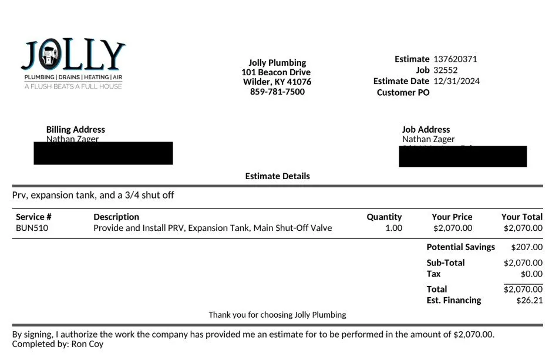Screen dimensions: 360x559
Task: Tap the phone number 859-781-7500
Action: click(x=277, y=92)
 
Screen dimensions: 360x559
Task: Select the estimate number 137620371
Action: click(x=455, y=59)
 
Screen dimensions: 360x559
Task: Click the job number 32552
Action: click(x=445, y=70)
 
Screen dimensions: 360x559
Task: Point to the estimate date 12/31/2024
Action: click(x=456, y=81)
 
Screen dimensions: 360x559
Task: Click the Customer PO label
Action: click(x=403, y=92)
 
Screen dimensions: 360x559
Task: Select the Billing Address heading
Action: click(x=76, y=129)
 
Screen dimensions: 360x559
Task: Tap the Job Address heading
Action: click(x=426, y=129)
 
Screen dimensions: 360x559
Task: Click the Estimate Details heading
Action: click(x=277, y=176)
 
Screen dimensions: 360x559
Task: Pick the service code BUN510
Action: click(x=32, y=228)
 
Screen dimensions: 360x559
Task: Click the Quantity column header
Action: click(x=384, y=217)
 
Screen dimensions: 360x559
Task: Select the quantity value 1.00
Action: click(x=393, y=228)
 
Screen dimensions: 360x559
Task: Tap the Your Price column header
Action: click(x=452, y=217)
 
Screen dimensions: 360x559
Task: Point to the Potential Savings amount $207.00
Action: click(x=527, y=247)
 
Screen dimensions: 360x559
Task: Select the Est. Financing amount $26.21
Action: click(x=529, y=300)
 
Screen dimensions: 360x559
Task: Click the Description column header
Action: click(x=116, y=217)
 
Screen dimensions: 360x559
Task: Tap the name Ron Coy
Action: click(x=87, y=344)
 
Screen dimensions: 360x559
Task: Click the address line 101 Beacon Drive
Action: click(x=276, y=72)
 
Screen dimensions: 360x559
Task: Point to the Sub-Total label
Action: click(x=445, y=263)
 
